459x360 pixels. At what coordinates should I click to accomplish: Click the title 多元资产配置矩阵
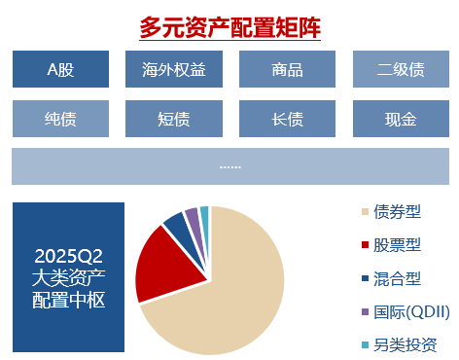[229, 27]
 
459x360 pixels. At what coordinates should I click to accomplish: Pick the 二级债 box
[400, 69]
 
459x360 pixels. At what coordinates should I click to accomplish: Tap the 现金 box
[400, 121]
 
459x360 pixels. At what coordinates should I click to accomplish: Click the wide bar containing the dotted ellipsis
[229, 166]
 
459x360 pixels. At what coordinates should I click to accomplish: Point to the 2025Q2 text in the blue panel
[68, 257]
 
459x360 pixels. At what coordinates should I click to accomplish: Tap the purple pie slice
[193, 215]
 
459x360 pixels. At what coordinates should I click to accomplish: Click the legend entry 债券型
[398, 212]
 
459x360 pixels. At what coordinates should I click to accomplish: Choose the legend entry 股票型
[398, 245]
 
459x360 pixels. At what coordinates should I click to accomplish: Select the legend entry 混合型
[398, 279]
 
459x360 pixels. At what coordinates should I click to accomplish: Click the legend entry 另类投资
[403, 345]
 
